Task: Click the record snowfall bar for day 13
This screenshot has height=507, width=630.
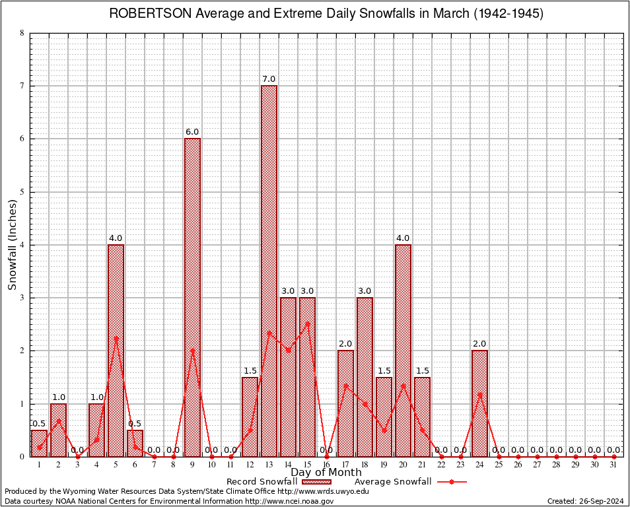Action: (269, 271)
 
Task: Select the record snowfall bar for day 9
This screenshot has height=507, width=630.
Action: (192, 297)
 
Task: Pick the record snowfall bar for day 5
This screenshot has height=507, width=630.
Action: (116, 350)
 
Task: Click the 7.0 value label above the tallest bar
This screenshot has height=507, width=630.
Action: (269, 79)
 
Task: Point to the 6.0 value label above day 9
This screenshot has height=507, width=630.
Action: (192, 132)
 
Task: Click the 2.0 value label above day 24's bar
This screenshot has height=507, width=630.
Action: (479, 344)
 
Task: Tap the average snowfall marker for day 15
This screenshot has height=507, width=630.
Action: (307, 324)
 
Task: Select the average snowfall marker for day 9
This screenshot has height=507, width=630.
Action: (192, 351)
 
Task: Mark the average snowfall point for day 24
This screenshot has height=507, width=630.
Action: (479, 394)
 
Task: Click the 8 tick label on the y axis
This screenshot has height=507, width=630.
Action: (22, 33)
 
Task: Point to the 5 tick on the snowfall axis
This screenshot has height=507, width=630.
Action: (22, 192)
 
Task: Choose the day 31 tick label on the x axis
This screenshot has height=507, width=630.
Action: (613, 465)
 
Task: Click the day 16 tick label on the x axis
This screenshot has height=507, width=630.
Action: (326, 465)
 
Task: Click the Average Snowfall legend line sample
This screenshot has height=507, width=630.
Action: (452, 481)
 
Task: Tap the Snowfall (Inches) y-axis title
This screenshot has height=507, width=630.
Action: (13, 245)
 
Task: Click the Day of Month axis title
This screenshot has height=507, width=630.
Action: (326, 473)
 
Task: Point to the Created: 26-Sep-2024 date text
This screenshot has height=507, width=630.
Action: (585, 501)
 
